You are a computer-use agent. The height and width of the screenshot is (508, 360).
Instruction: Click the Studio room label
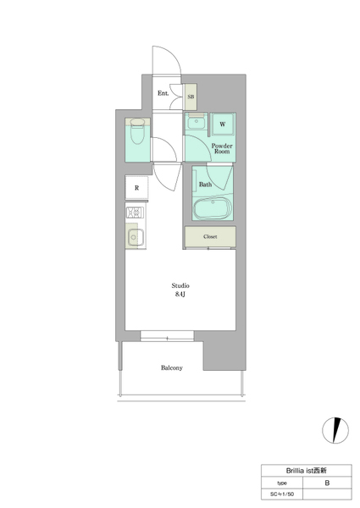(180, 285)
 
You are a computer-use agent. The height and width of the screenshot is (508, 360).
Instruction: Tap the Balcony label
(172, 367)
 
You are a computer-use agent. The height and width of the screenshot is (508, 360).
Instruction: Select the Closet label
(210, 236)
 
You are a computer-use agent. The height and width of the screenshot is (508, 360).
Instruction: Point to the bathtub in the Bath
(213, 208)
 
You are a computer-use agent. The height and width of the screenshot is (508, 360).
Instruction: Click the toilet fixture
(137, 131)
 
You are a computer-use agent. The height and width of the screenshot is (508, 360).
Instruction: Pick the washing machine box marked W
(223, 124)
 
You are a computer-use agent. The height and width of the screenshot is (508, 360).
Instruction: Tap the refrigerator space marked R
(136, 188)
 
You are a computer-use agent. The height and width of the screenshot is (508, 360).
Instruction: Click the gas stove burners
(135, 213)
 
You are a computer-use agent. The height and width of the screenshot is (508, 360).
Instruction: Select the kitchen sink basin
(136, 237)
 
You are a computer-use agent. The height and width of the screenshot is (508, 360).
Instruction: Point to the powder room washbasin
(196, 123)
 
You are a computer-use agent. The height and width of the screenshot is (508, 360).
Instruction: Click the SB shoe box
(191, 97)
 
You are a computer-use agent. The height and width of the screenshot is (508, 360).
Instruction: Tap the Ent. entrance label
(163, 93)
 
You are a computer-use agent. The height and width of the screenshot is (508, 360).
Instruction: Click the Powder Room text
(222, 148)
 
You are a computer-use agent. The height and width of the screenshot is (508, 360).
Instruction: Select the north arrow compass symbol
(335, 430)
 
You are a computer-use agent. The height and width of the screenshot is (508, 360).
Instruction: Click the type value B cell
(327, 483)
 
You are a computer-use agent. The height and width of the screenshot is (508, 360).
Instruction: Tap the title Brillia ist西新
(306, 471)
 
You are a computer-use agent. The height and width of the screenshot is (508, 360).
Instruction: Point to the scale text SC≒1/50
(282, 494)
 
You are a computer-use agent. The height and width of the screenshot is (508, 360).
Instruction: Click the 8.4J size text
(180, 294)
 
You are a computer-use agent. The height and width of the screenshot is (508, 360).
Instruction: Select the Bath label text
(205, 185)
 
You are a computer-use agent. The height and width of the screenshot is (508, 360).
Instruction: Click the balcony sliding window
(167, 336)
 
